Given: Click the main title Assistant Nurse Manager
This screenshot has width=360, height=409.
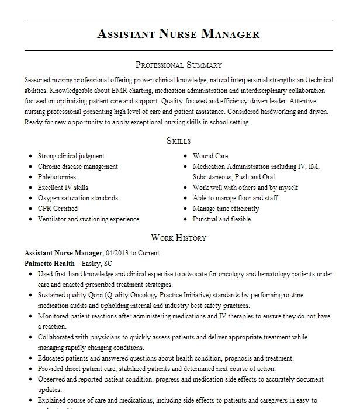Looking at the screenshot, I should click(178, 34).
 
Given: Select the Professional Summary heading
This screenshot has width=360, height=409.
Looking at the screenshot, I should click(178, 65).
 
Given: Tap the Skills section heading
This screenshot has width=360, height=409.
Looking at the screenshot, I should click(178, 141).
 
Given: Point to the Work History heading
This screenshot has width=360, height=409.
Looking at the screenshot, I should click(178, 238).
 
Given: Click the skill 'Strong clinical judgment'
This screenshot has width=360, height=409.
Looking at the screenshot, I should click(71, 157).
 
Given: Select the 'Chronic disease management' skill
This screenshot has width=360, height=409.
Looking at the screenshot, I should click(78, 167).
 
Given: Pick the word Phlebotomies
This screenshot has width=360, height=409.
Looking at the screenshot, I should click(57, 178).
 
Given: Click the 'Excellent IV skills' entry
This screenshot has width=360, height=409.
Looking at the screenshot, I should click(63, 188).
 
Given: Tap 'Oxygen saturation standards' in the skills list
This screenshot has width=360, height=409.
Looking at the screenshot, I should click(78, 199).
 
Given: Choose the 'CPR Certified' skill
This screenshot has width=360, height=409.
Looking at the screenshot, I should click(58, 209).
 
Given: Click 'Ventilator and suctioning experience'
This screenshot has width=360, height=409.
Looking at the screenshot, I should click(88, 220).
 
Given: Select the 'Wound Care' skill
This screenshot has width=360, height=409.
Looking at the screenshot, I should click(210, 157).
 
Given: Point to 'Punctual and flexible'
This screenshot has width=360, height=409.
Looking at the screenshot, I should click(221, 220).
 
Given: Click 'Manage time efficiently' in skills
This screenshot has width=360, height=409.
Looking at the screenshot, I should click(226, 209).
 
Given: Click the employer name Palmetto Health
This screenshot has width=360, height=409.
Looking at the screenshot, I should click(50, 264).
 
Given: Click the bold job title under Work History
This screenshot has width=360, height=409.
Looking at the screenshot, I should click(64, 254).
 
